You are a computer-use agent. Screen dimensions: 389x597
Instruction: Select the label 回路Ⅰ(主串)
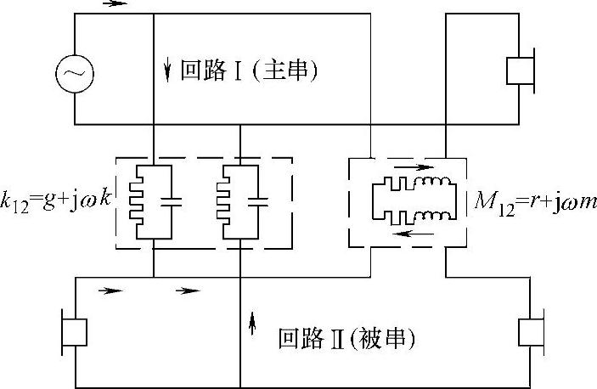tap(249, 70)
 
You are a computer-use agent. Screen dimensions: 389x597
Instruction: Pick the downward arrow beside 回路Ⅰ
tap(168, 70)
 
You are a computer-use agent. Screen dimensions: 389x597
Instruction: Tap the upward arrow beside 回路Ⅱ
tap(251, 323)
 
